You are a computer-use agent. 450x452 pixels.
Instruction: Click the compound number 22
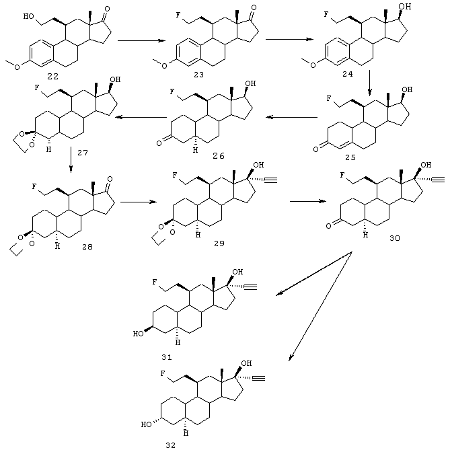pyautogui.click(x=52, y=77)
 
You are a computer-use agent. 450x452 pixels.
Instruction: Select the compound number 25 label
pyautogui.click(x=350, y=157)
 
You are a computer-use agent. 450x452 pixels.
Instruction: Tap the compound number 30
pyautogui.click(x=395, y=238)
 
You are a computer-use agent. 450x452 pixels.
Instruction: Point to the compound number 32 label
pyautogui.click(x=170, y=445)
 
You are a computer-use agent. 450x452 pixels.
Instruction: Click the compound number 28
pyautogui.click(x=87, y=247)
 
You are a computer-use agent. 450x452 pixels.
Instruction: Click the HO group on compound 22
pyautogui.click(x=28, y=16)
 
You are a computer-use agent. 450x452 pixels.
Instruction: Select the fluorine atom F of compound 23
pyautogui.click(x=179, y=14)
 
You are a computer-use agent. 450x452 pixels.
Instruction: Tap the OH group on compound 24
pyautogui.click(x=406, y=6)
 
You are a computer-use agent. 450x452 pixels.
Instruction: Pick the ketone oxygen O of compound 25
pyautogui.click(x=316, y=149)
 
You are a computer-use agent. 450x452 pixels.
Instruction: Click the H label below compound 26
pyautogui.click(x=196, y=150)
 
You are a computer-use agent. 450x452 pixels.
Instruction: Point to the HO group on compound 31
pyautogui.click(x=138, y=334)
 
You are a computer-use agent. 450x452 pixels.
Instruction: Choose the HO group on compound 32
pyautogui.click(x=146, y=424)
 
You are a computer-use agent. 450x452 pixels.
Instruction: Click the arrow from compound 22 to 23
pyautogui.click(x=141, y=40)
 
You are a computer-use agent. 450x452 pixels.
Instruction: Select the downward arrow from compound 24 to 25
pyautogui.click(x=369, y=83)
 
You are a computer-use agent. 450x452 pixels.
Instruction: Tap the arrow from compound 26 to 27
pyautogui.click(x=141, y=117)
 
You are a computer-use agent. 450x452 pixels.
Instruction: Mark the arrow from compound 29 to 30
pyautogui.click(x=308, y=201)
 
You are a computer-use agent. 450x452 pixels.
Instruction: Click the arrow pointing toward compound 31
pyautogui.click(x=314, y=274)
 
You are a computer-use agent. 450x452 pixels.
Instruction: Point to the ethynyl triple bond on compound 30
pyautogui.click(x=438, y=180)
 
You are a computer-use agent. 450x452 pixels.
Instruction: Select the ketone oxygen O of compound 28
pyautogui.click(x=110, y=179)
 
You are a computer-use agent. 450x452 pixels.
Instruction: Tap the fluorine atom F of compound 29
pyautogui.click(x=174, y=175)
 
